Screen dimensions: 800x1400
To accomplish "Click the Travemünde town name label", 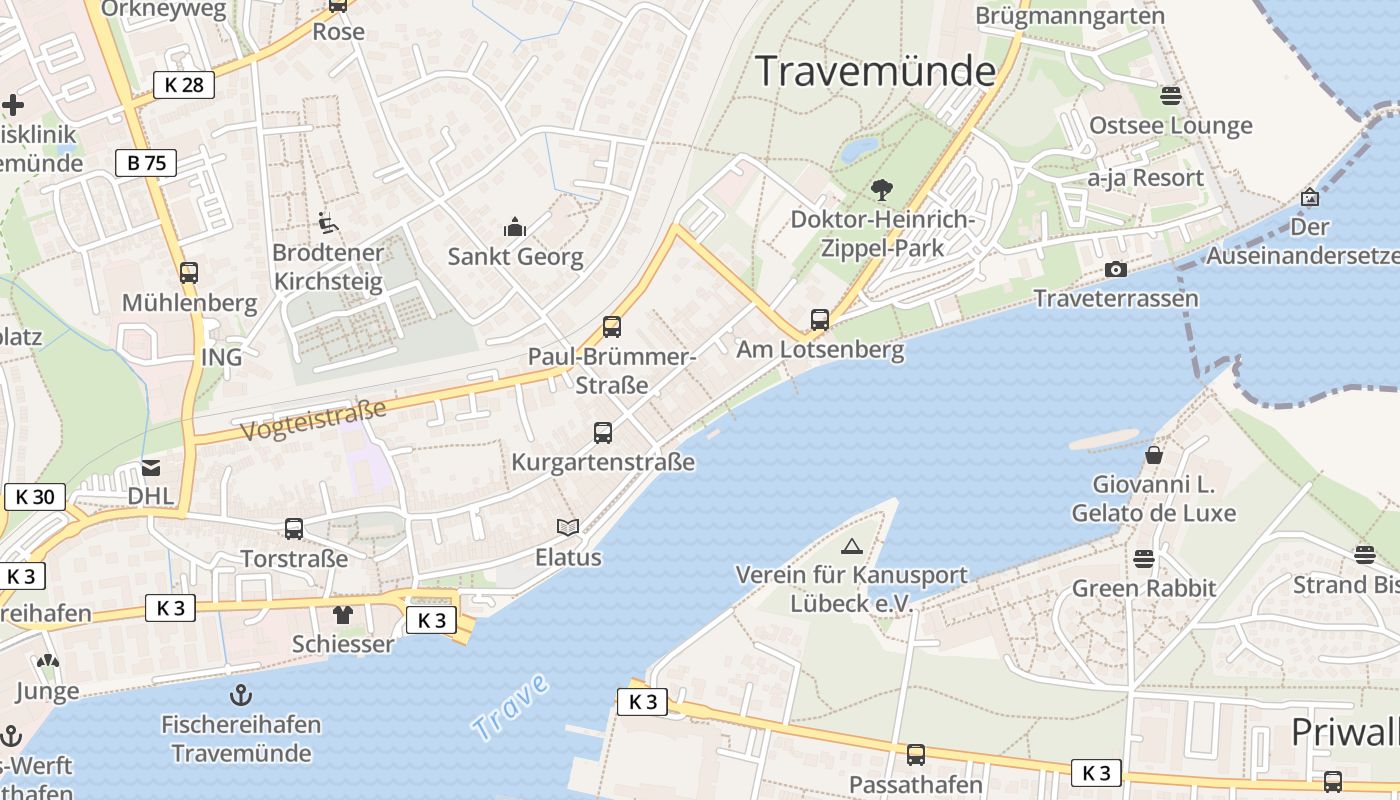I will [x=875, y=72].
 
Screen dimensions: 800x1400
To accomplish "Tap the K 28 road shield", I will [x=184, y=85].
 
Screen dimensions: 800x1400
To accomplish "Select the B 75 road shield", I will [x=146, y=163].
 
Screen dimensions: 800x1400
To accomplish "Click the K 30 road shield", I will [x=35, y=497].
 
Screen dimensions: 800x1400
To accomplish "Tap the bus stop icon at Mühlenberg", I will [x=189, y=272].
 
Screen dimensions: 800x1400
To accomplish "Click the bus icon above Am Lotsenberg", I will [x=820, y=320].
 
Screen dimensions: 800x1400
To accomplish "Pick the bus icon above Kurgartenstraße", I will [x=602, y=433].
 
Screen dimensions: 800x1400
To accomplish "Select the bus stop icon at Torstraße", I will [x=294, y=529].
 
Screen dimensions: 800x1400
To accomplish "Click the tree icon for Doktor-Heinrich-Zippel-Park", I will [x=881, y=189].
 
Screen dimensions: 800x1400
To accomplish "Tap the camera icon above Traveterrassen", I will [x=1115, y=270].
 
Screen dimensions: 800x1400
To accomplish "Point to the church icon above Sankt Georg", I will [x=515, y=227].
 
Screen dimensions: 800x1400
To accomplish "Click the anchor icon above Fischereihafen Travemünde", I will [x=241, y=694].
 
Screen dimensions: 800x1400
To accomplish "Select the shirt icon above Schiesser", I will [x=343, y=614].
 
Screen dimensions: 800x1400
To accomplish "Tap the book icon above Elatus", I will [x=568, y=527].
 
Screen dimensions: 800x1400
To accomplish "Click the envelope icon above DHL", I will [x=151, y=467].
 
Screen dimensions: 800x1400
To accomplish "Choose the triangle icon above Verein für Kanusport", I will [x=851, y=546].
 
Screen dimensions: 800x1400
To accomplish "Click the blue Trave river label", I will [x=511, y=708].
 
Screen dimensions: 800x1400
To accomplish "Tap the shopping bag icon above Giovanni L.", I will [x=1154, y=455].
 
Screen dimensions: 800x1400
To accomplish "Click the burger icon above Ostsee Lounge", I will [x=1170, y=96].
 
